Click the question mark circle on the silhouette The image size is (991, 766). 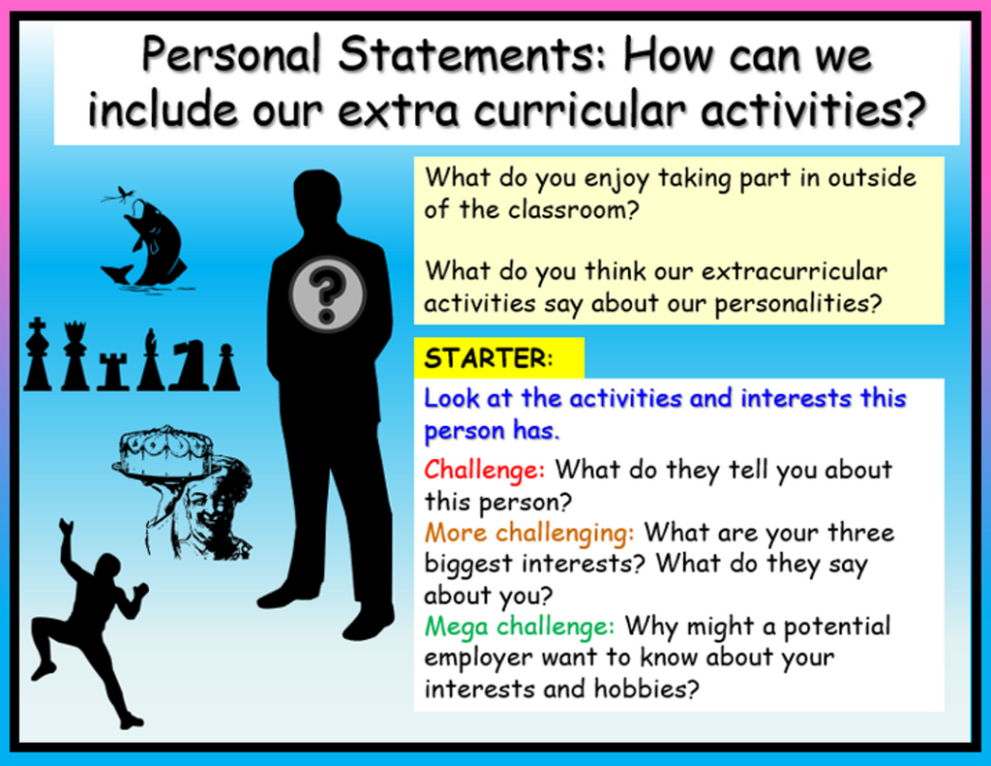(327, 294)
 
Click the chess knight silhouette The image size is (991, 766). (189, 363)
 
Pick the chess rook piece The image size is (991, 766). (113, 371)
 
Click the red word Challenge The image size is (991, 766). (484, 470)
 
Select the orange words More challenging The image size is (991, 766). (529, 533)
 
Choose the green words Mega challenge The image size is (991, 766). (520, 627)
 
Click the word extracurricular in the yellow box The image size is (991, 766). (794, 271)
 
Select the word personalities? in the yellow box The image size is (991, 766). (797, 304)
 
